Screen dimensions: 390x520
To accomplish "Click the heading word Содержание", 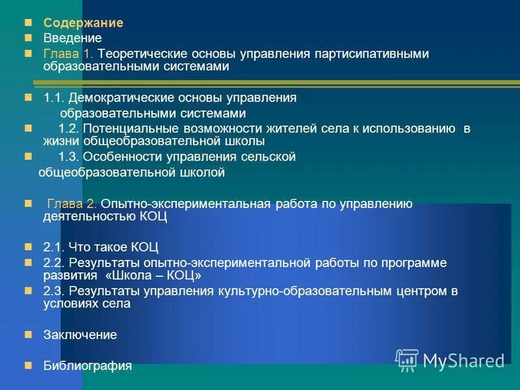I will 83,23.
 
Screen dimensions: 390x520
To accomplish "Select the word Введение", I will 73,38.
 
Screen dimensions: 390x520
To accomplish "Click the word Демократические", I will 122,97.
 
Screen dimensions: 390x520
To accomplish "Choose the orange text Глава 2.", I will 71,204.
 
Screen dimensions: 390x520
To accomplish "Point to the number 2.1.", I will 54,247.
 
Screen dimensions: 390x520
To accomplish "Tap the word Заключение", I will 80,335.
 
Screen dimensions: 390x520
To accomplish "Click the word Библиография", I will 87,365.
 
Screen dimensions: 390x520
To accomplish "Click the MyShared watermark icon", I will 407,359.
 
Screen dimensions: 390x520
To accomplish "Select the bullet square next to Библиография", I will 28,364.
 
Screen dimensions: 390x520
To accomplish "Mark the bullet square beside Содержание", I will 28,22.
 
